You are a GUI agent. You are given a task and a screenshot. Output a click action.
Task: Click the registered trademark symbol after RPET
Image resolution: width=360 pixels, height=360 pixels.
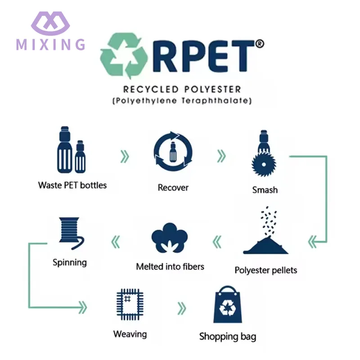259,44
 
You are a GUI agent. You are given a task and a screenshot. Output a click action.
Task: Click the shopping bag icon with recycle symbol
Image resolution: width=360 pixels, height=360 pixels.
227,306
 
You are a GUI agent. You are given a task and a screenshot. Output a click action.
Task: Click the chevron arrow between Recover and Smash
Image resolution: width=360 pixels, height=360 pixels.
221,157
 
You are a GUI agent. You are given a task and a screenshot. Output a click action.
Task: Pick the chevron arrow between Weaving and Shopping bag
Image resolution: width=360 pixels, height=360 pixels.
181,308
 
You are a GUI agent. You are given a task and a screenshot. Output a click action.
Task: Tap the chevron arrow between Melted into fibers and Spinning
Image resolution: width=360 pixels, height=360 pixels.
116,242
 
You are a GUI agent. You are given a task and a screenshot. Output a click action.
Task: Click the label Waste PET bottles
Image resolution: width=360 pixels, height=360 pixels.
72,185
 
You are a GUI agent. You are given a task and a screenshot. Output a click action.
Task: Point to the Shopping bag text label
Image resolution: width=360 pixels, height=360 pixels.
228,337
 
